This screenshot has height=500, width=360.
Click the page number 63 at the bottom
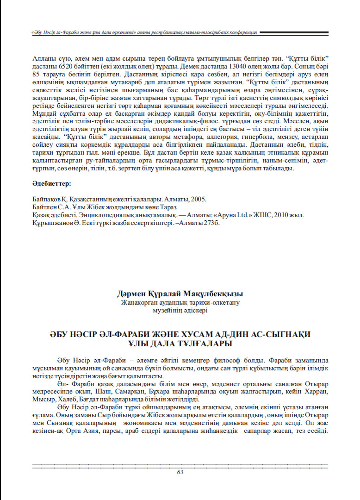tap(180, 472)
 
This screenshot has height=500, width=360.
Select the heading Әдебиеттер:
tap(51, 184)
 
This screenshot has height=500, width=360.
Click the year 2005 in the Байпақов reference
tap(198, 199)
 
